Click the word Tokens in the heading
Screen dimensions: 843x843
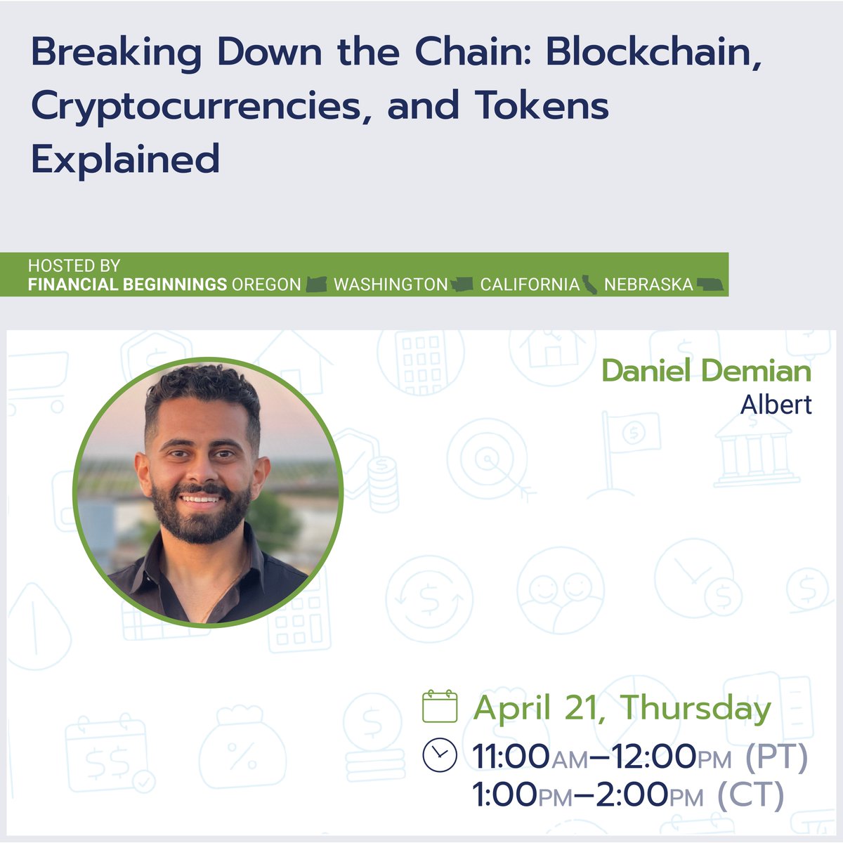click(541, 107)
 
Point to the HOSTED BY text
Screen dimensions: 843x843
click(74, 266)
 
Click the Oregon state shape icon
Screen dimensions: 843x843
click(317, 285)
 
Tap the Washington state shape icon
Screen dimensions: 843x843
click(462, 285)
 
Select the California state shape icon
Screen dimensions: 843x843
click(590, 285)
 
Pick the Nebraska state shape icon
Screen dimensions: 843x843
click(710, 285)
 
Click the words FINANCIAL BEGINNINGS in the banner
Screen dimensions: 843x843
click(127, 285)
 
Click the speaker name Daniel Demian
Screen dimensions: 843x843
click(706, 371)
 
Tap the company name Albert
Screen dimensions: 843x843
click(776, 405)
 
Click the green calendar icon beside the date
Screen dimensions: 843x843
click(440, 707)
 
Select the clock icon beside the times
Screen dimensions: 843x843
click(440, 755)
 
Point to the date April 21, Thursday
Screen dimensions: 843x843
click(622, 707)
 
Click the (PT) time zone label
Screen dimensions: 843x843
click(776, 757)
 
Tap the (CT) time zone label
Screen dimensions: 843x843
click(750, 795)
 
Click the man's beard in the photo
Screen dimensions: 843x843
click(202, 520)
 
